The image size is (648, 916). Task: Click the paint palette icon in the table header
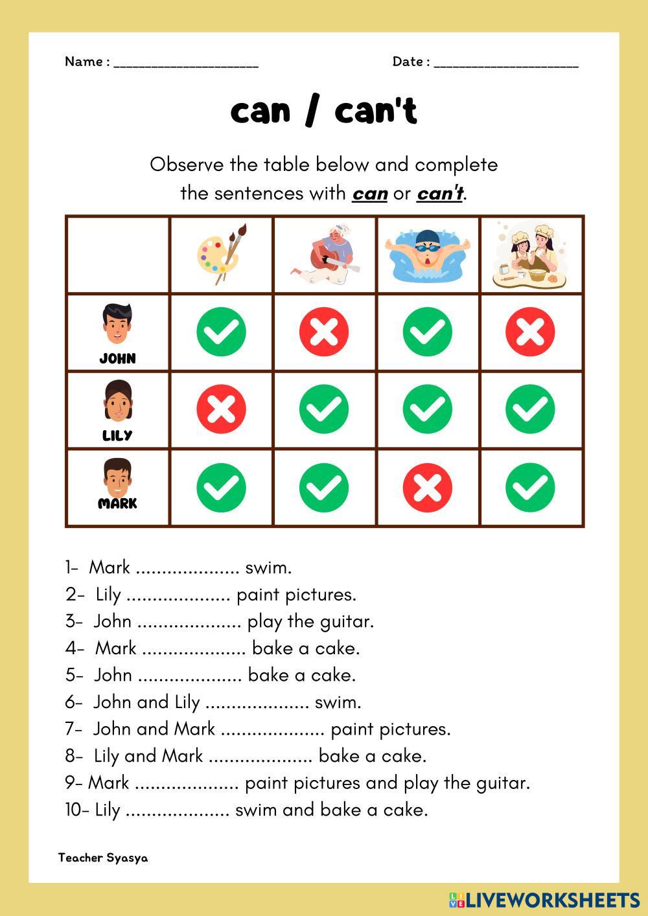tap(220, 254)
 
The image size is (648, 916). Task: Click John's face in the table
tap(117, 325)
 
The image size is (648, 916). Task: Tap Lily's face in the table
tap(117, 402)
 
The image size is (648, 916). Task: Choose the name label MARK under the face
tap(117, 503)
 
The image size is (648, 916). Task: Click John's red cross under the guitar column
tap(324, 332)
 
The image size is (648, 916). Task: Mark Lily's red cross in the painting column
tap(221, 409)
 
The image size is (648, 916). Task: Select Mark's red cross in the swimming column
tap(427, 487)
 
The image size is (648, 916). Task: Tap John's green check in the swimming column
tap(427, 332)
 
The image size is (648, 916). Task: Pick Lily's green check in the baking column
tap(530, 409)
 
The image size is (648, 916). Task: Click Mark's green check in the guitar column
tap(324, 487)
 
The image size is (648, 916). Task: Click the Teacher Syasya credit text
tap(103, 858)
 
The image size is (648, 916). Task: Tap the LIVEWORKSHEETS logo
tap(544, 900)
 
